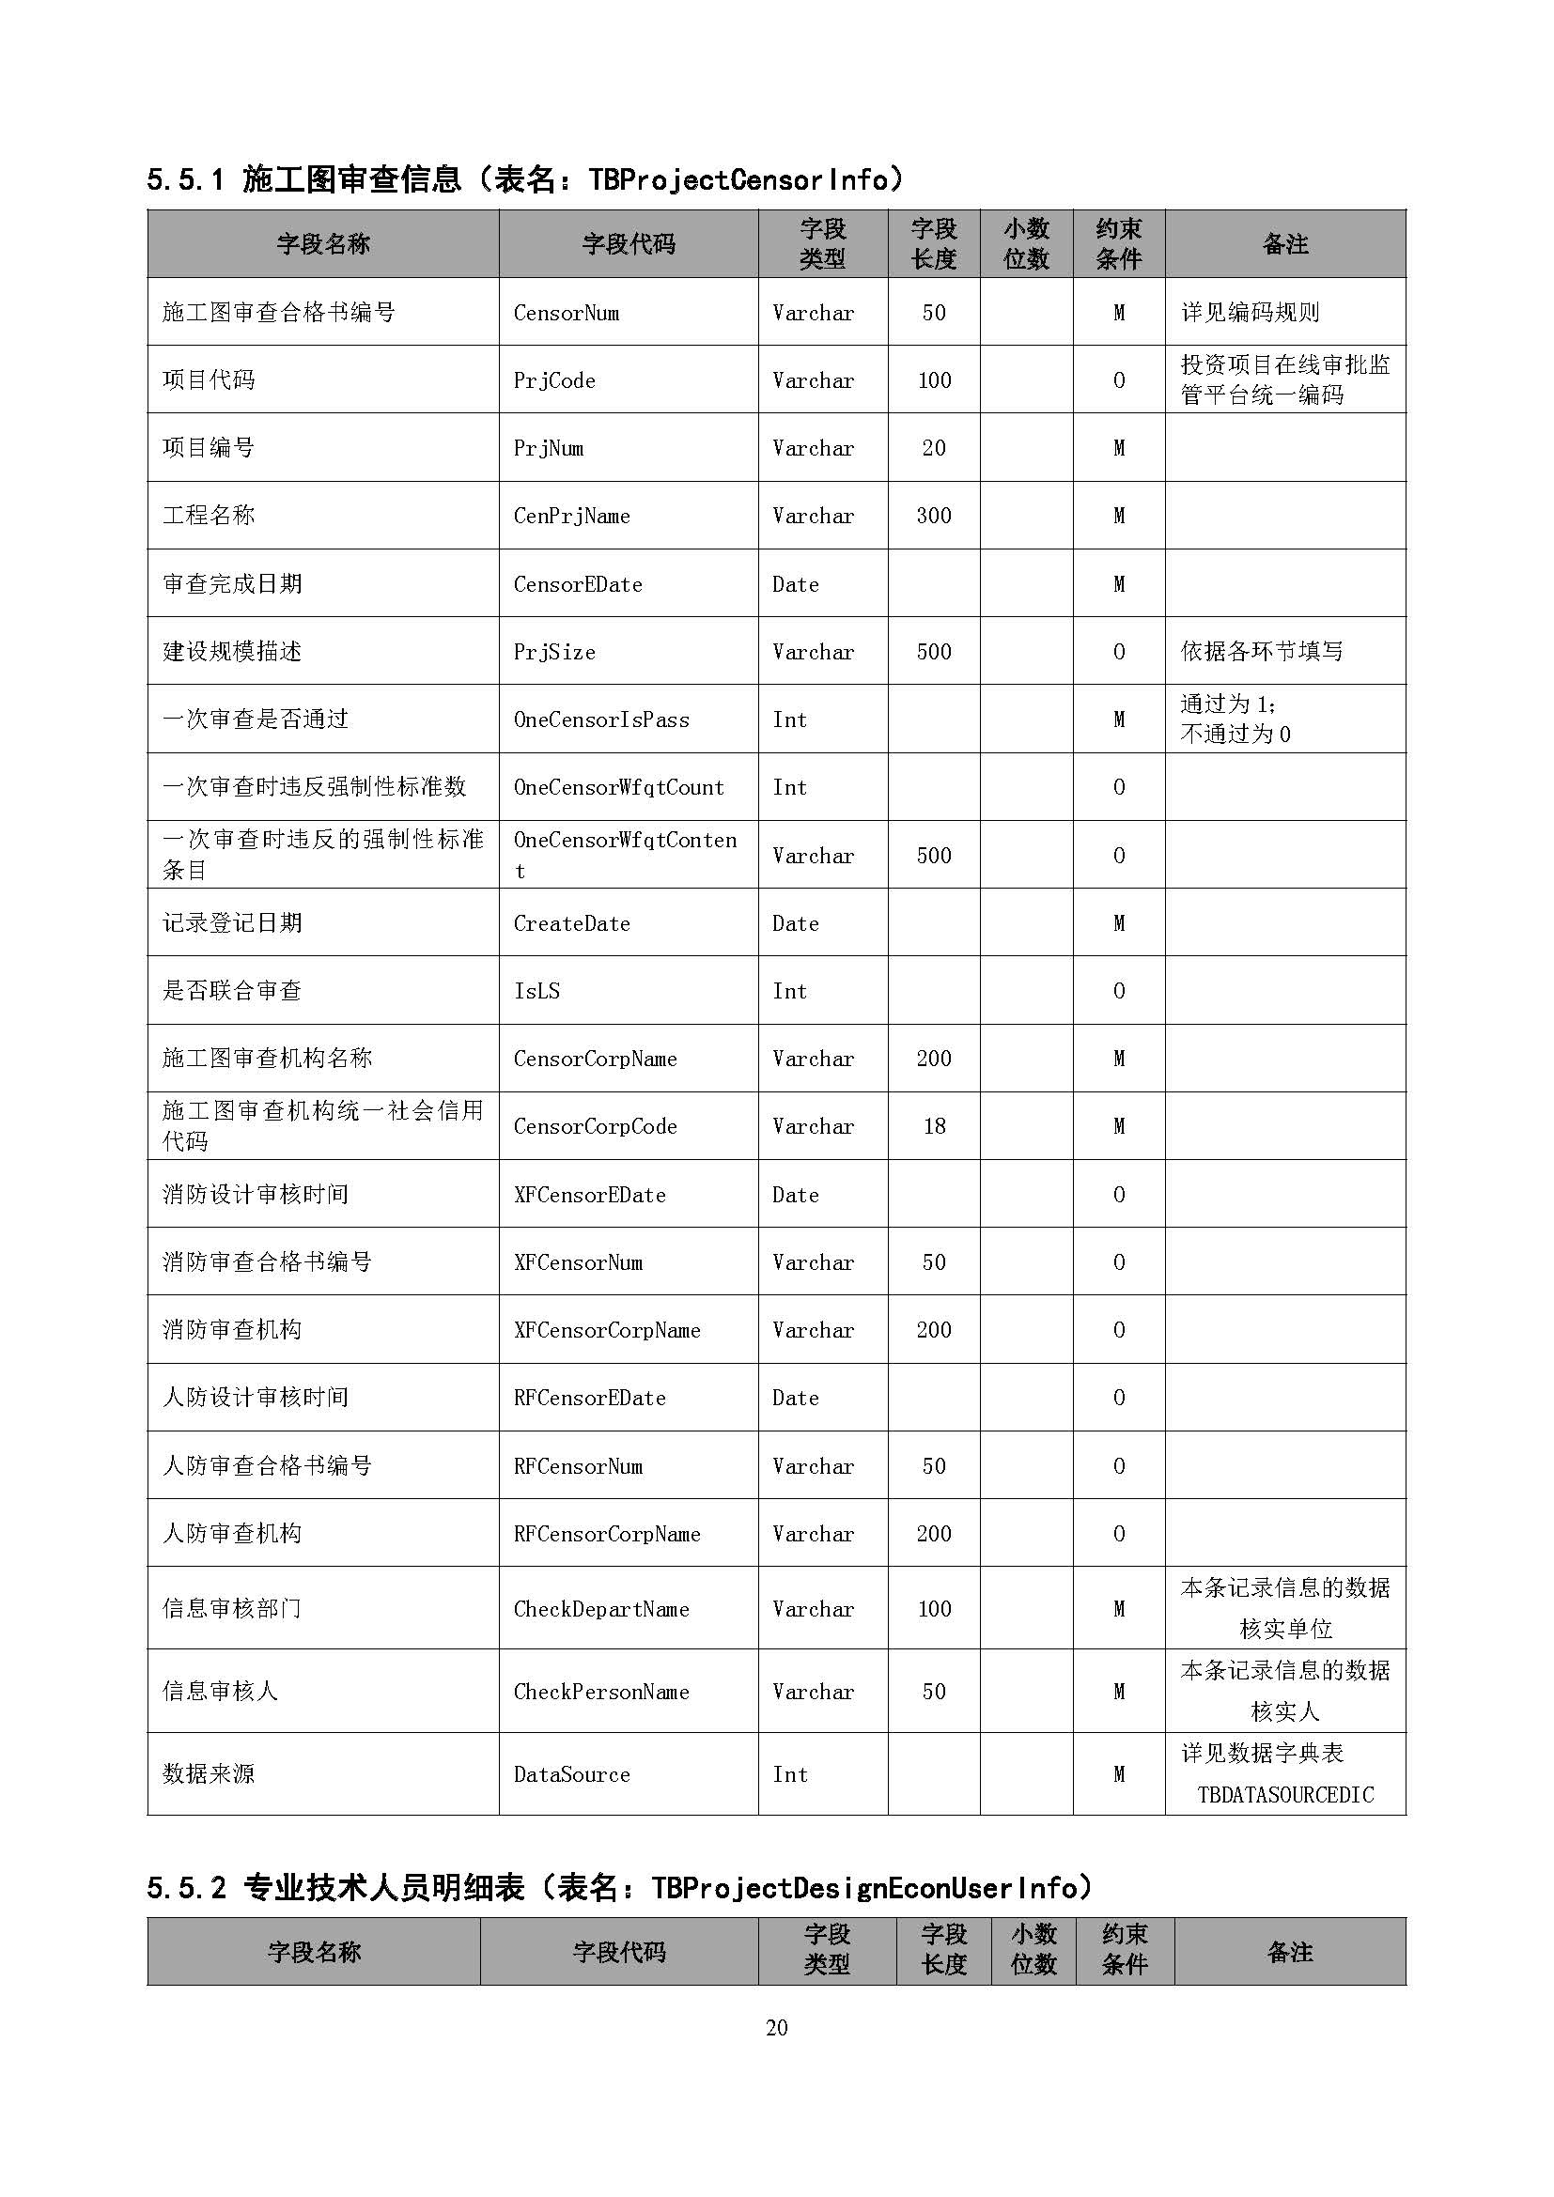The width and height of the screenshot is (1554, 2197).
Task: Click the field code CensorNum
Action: click(x=566, y=313)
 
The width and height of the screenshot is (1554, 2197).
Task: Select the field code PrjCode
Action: click(x=554, y=380)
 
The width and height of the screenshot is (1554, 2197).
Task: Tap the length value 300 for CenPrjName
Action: click(x=933, y=516)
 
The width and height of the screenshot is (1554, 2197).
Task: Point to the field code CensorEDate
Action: click(x=577, y=583)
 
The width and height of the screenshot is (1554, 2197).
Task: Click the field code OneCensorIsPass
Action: click(x=601, y=719)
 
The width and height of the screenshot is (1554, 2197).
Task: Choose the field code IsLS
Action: click(x=536, y=991)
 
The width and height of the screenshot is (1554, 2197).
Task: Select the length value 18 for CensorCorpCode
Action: click(x=934, y=1126)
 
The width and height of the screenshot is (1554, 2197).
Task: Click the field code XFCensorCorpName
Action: click(x=607, y=1330)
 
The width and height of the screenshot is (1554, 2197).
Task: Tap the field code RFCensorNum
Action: click(x=578, y=1466)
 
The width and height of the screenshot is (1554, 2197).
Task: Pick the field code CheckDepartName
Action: click(x=601, y=1610)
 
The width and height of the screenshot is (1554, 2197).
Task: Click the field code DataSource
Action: click(x=571, y=1775)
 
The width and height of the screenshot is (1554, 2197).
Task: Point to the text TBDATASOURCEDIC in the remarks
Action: click(x=1285, y=1795)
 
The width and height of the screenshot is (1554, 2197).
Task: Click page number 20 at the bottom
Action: click(x=776, y=2028)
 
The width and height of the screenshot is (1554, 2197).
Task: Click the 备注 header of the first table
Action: click(x=1284, y=245)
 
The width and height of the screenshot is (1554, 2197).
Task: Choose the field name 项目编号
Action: click(x=209, y=448)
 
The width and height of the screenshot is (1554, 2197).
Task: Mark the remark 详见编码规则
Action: click(x=1250, y=313)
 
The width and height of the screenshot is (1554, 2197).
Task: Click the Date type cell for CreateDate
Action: click(x=795, y=923)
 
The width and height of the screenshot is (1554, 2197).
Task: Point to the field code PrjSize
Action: click(x=554, y=652)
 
